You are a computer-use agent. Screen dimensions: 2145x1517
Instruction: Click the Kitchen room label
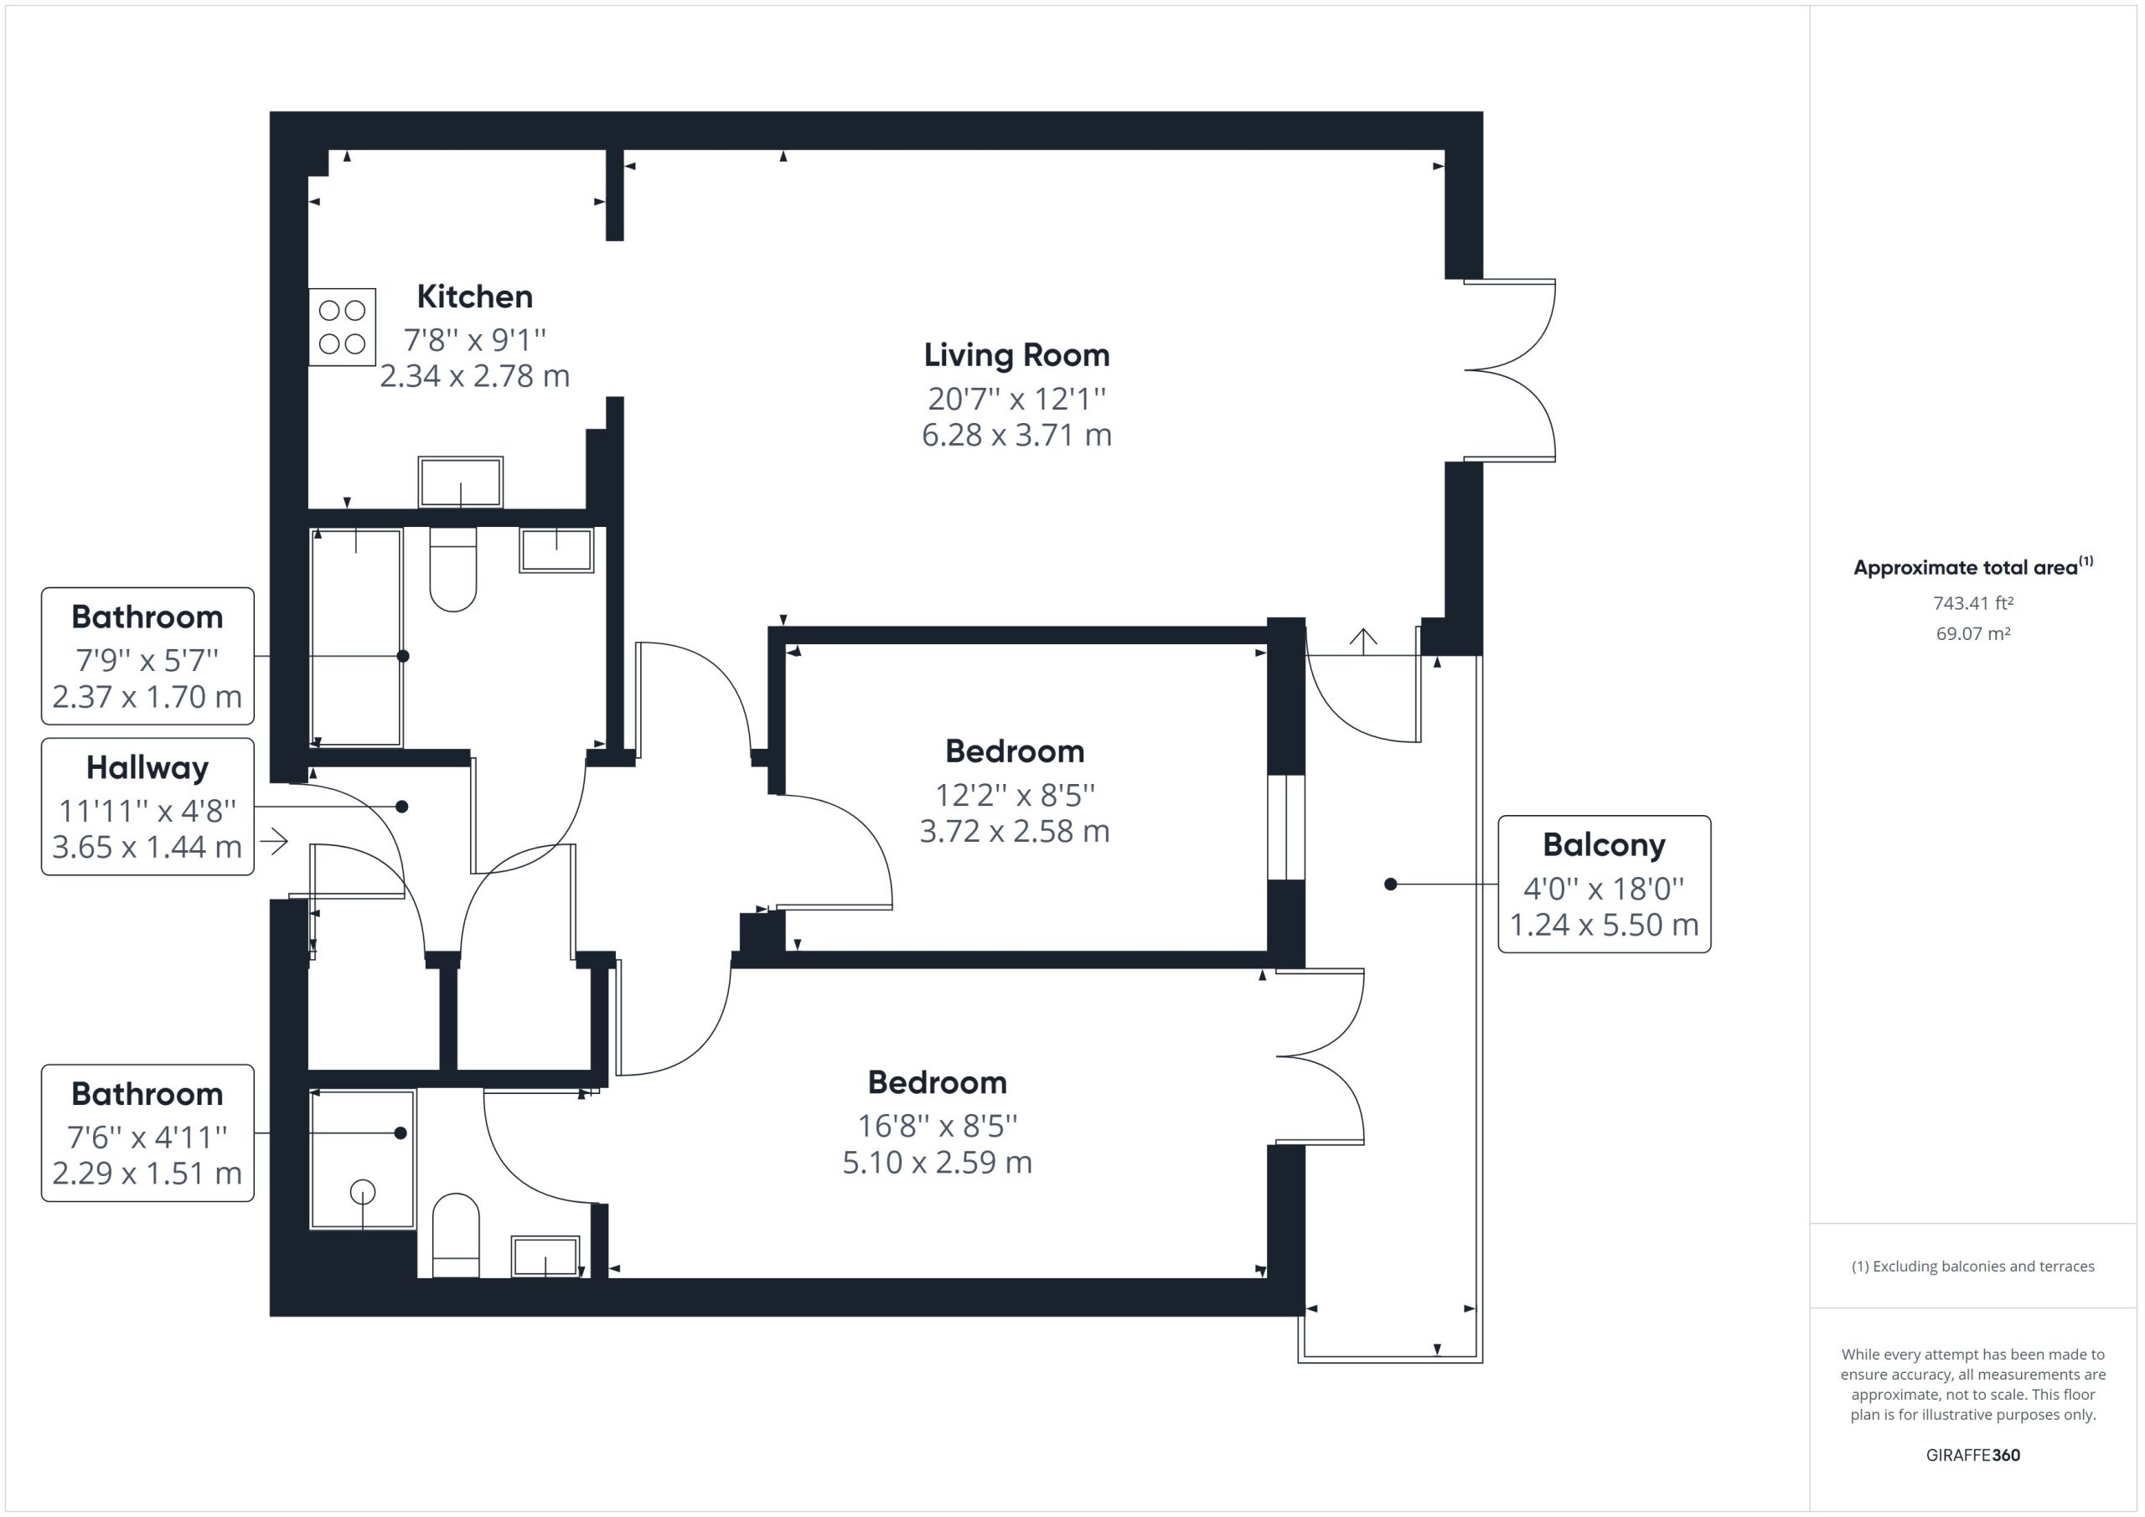point(474,297)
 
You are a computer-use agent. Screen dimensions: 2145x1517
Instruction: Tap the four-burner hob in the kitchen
point(342,327)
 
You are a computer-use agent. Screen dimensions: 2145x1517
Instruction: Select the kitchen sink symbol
point(461,482)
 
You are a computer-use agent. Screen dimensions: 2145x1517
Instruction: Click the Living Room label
point(1016,356)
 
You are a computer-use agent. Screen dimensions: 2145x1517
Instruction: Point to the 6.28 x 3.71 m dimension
point(1016,436)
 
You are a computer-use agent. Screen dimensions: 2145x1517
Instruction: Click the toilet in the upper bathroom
point(453,569)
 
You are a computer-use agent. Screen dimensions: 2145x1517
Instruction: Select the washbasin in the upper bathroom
point(557,550)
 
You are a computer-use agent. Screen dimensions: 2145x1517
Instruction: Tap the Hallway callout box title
point(147,769)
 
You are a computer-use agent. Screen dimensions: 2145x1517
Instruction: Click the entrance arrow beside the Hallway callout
point(274,842)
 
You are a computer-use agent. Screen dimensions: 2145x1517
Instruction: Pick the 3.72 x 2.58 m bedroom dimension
point(1015,831)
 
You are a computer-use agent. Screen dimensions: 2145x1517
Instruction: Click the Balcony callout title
point(1604,845)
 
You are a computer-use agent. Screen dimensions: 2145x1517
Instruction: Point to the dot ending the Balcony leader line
point(1390,884)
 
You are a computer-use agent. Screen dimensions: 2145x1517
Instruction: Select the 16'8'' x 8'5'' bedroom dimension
point(937,1127)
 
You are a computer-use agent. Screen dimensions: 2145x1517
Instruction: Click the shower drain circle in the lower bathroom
point(363,1192)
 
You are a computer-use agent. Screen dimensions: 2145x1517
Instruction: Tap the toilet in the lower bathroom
point(456,1235)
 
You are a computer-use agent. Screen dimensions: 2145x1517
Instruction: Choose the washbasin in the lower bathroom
point(545,1256)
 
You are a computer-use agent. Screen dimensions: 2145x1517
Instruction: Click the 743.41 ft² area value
point(1973,603)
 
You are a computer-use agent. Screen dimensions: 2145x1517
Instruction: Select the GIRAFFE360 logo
point(1973,1454)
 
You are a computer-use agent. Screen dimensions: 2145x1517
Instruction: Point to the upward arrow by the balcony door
point(1363,642)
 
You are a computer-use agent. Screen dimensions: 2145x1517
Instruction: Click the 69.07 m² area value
point(1973,633)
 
